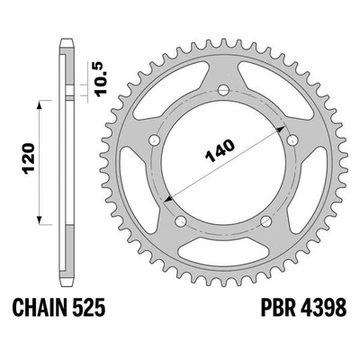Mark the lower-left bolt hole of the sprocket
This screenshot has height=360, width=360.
tap(181, 221)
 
